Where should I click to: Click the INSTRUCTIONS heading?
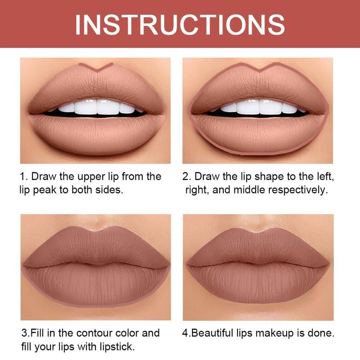[180, 25]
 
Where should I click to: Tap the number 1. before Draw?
[24, 176]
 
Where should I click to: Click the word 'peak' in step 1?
[45, 190]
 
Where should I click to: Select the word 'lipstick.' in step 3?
[117, 347]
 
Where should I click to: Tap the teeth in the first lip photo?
[96, 107]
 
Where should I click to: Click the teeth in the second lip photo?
[259, 107]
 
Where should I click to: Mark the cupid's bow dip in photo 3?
[96, 230]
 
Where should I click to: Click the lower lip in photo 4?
[258, 283]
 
